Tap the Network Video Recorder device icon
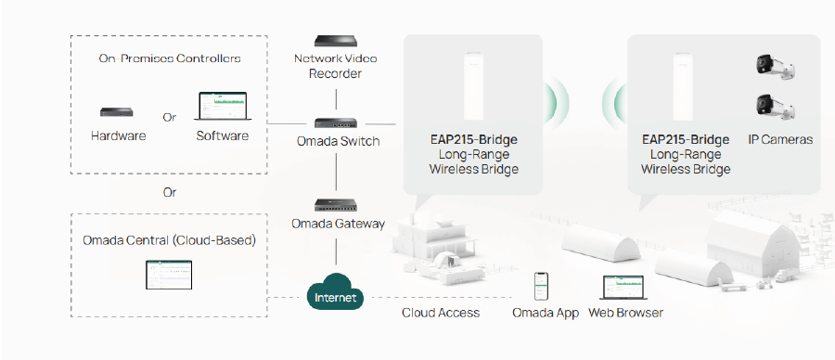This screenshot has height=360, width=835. coord(335,41)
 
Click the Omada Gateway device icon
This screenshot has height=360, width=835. coord(335,204)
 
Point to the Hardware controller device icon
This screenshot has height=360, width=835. coord(118,112)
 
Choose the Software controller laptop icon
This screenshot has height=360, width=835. coord(223,108)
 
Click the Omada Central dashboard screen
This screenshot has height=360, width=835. coord(168,274)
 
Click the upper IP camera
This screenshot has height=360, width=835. coord(776,66)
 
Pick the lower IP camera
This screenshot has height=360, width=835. coord(776,107)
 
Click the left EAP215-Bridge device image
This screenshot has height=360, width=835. coord(473,87)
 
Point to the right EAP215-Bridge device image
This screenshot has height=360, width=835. coord(686,87)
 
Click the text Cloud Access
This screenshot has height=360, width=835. coord(441,313)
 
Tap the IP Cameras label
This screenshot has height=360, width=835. coord(780,140)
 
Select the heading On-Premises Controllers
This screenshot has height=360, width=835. coord(170,58)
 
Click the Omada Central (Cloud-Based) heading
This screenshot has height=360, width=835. coord(168,240)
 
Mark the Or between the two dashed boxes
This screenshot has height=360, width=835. coord(169,193)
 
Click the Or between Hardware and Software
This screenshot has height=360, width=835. coord(170,118)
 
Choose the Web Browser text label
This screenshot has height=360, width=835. coord(626,313)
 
